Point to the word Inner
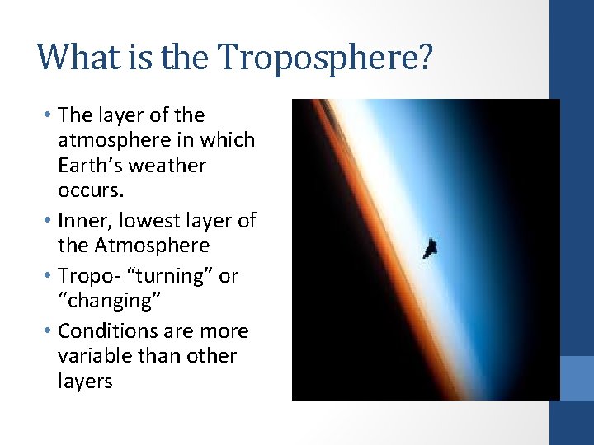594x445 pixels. point(87,221)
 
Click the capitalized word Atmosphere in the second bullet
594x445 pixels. point(152,246)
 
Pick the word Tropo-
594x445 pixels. point(88,276)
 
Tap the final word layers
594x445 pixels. point(85,382)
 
